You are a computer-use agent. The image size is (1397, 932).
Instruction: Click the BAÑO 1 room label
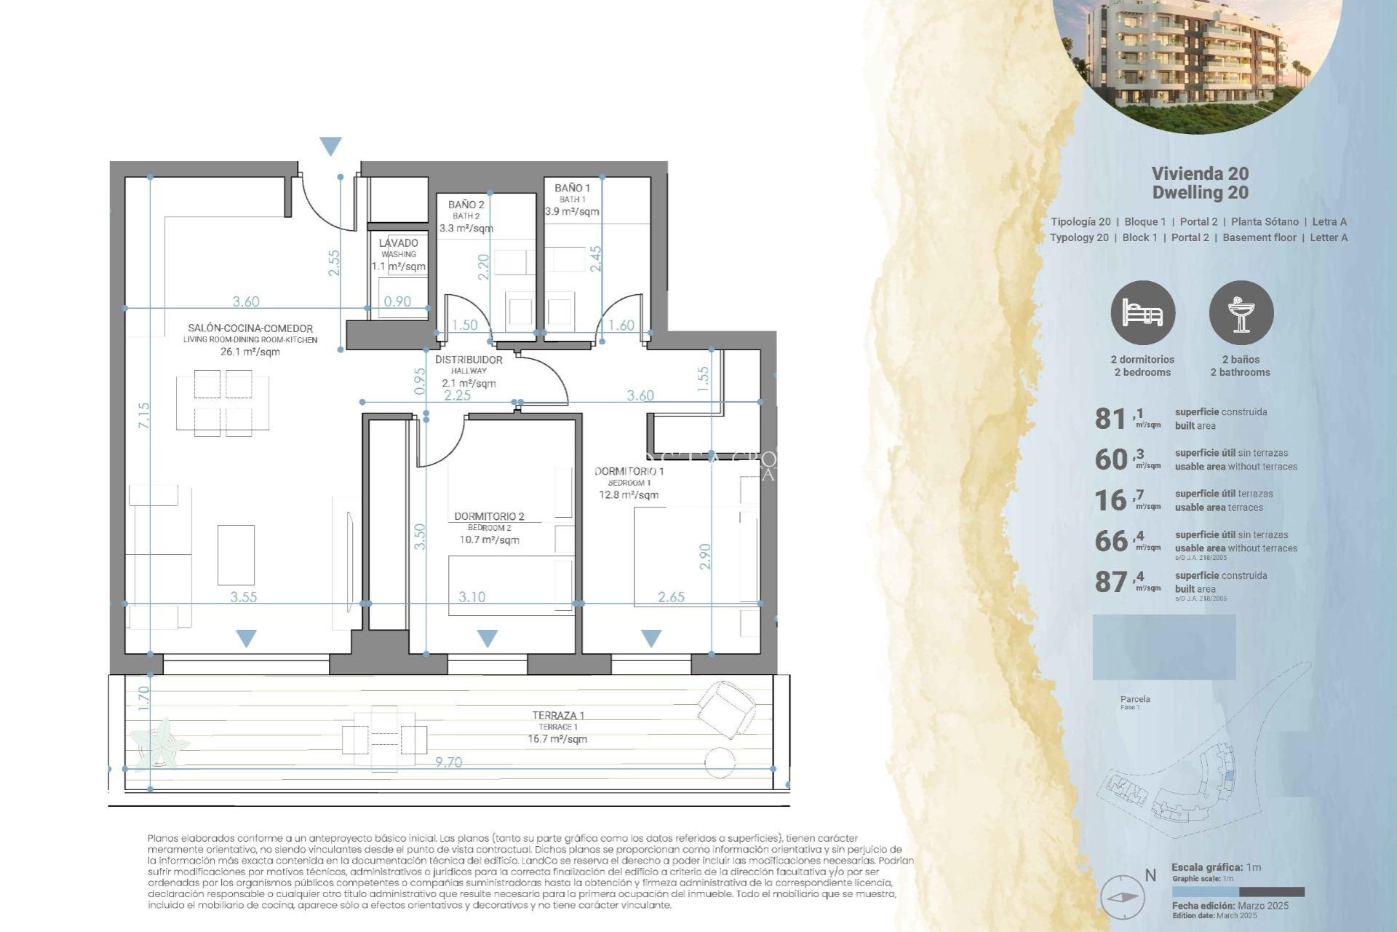click(x=572, y=188)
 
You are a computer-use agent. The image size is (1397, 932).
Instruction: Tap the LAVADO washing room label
click(x=399, y=243)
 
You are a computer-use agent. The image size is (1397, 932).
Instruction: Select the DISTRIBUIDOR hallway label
click(x=469, y=360)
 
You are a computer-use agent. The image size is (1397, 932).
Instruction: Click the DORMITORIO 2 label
click(x=489, y=516)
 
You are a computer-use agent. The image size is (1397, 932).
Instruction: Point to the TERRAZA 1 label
click(x=558, y=716)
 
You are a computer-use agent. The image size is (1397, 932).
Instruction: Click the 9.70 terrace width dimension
click(x=448, y=762)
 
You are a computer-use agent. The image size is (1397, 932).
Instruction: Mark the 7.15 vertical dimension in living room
click(x=144, y=416)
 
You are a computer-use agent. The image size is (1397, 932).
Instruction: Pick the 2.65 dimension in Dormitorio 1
click(x=671, y=597)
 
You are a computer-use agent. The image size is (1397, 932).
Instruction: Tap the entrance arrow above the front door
click(x=331, y=146)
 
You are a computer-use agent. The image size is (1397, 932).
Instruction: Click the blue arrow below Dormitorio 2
click(x=487, y=639)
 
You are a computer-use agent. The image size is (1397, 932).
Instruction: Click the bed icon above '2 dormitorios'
click(x=1142, y=313)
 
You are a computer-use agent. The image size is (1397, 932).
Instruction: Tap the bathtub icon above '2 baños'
click(x=1241, y=313)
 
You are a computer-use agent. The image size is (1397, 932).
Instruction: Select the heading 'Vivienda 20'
click(x=1200, y=173)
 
